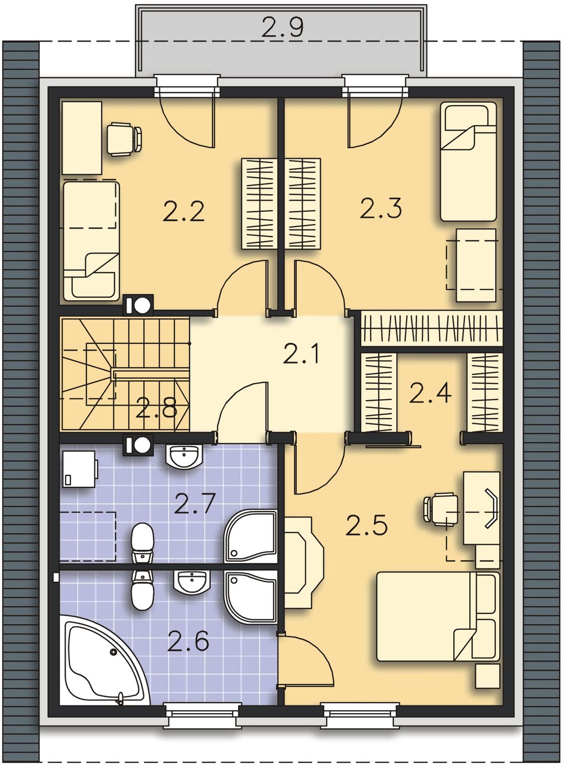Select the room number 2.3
pos(381,208)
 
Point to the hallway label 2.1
pos(301,353)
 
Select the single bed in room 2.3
pos(468,161)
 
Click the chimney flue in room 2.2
pos(138,305)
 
